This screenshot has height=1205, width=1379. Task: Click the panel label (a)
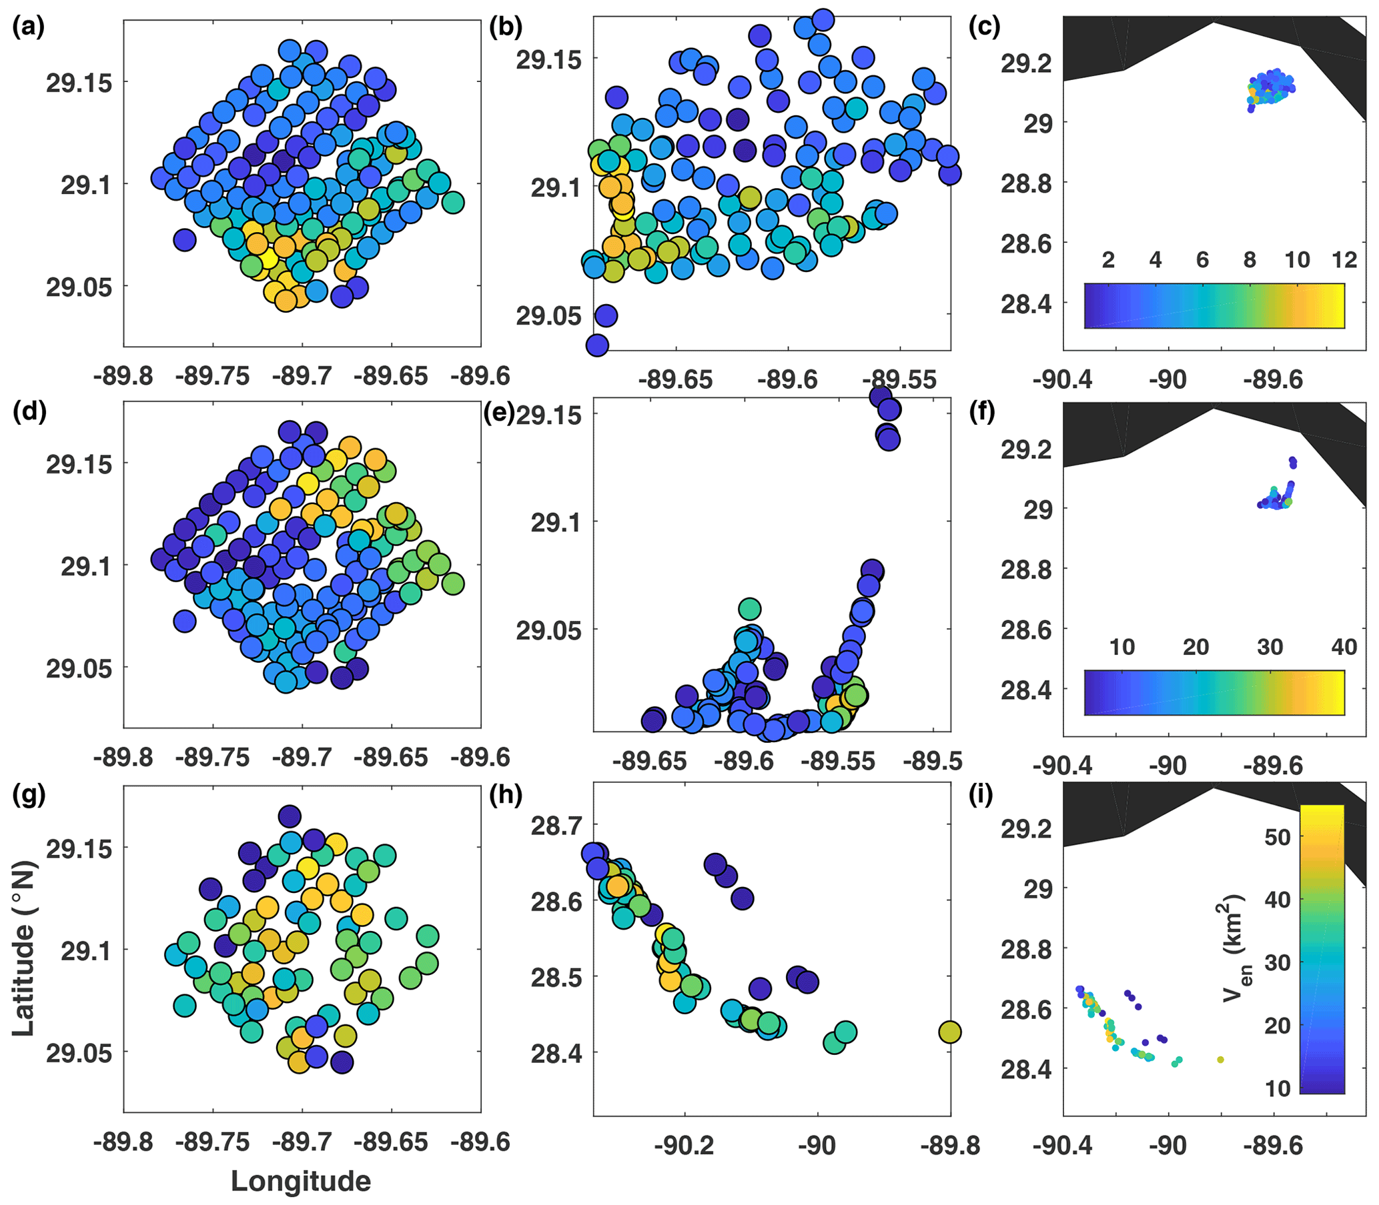coord(27,29)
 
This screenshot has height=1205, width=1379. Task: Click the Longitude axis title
coord(301,1181)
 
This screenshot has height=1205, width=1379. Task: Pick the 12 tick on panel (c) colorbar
coord(1344,259)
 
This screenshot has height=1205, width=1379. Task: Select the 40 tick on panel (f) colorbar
coord(1344,647)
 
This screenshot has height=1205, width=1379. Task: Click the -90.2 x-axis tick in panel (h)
coord(684,1145)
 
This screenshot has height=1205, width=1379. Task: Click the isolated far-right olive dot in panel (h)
coord(949,1032)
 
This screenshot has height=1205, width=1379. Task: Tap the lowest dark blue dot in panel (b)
coord(597,345)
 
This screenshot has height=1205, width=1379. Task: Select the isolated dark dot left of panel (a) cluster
coord(184,239)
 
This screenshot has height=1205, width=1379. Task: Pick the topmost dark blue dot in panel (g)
coord(290,816)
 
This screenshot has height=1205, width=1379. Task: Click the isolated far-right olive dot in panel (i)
coord(1220,1060)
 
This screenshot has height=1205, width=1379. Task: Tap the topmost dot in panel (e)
coord(881,396)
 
